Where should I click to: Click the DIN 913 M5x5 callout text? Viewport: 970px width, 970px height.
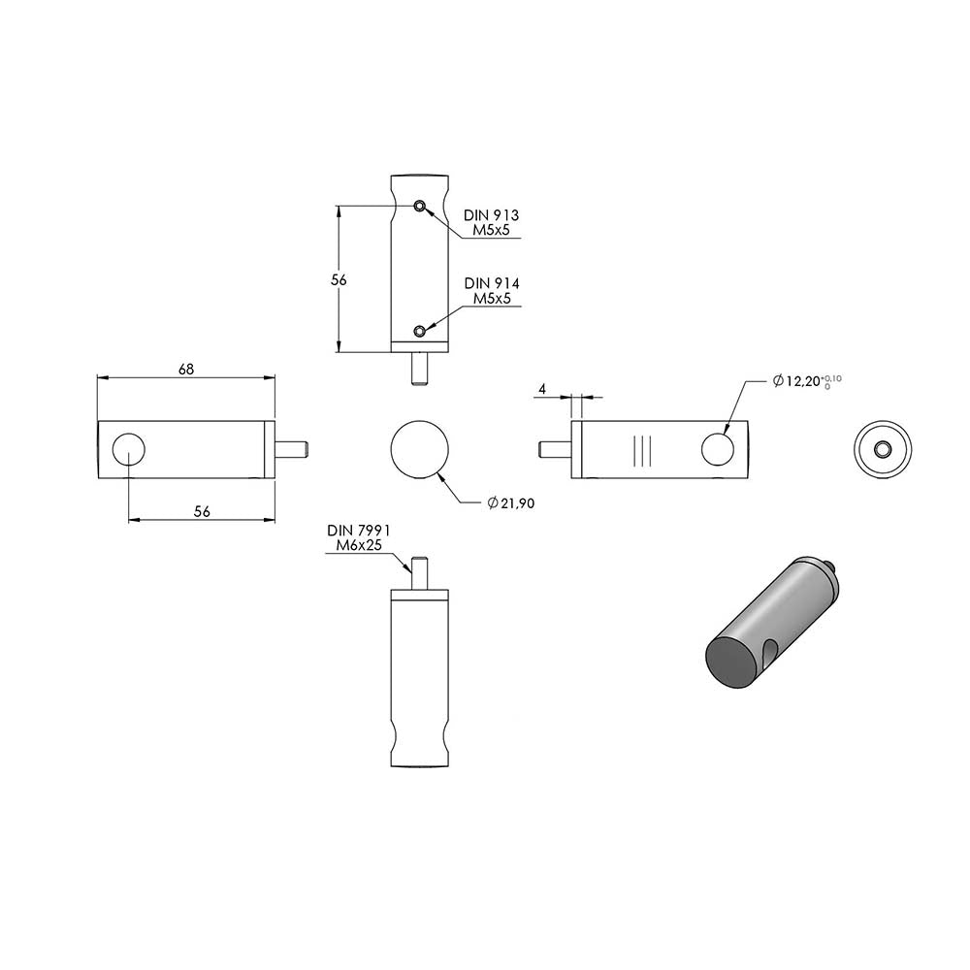tap(492, 223)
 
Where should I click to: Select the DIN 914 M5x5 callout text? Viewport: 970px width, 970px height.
tap(492, 291)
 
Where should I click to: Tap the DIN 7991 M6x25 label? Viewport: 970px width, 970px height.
tap(359, 537)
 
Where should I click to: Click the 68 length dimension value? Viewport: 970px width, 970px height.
tap(186, 370)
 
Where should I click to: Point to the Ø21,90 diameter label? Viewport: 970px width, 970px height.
tap(511, 503)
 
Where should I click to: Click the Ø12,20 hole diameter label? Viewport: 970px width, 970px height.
tap(807, 380)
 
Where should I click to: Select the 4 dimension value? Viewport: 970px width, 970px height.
tap(542, 389)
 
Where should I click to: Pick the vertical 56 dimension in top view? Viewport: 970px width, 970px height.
tap(339, 280)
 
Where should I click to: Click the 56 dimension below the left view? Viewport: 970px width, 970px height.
tap(202, 511)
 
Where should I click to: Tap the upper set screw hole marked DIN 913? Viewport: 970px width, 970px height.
tap(420, 206)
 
